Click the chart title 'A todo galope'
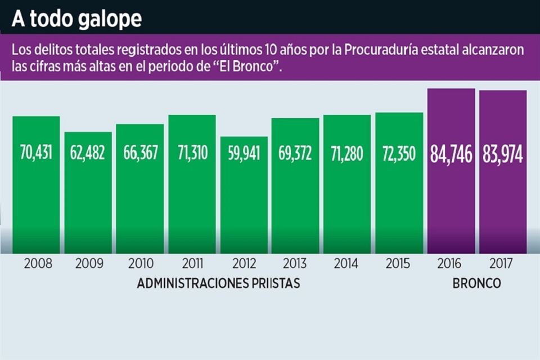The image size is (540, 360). [x=76, y=19]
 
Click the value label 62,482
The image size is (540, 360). [x=88, y=153]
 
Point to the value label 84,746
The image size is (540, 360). [x=451, y=154]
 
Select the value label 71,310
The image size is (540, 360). [x=192, y=153]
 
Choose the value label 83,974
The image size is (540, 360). [x=503, y=154]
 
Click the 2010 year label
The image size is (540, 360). [x=139, y=263]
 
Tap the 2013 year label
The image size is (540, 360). [x=295, y=263]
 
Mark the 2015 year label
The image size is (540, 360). [x=399, y=263]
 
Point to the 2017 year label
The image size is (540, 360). [x=502, y=263]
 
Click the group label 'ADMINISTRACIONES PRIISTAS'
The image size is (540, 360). [x=218, y=283]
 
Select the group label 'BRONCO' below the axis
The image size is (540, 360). [x=476, y=283]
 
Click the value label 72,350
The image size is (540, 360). [x=399, y=153]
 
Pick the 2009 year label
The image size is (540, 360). [x=88, y=263]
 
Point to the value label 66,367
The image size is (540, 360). [x=140, y=153]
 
